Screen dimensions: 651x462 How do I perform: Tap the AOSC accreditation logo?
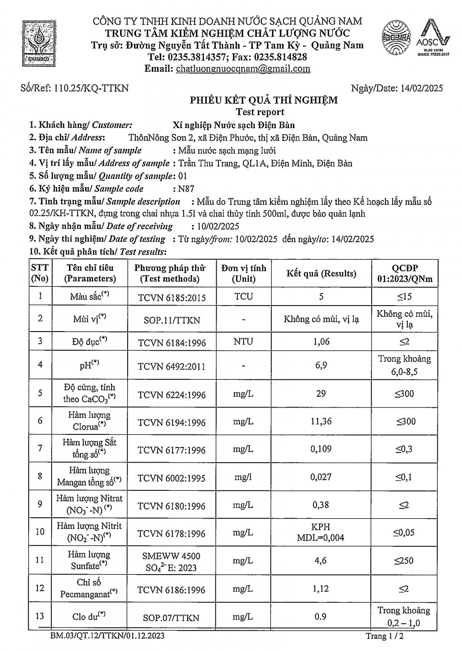pos(432,39)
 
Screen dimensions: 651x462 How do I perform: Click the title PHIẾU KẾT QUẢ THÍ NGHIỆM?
pos(264,101)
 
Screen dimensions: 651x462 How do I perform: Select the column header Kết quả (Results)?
pos(321,273)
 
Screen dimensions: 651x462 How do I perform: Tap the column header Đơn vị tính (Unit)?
pos(243,273)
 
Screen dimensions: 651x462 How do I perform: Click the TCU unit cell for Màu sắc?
pos(243,296)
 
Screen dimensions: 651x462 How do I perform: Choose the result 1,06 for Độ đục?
pos(321,342)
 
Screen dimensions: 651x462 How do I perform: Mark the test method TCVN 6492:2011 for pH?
pos(172,366)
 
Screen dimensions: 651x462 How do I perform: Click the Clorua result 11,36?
pos(321,421)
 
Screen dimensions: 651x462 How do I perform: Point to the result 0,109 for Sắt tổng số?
pos(321,449)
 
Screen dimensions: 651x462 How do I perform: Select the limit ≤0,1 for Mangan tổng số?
pos(404,477)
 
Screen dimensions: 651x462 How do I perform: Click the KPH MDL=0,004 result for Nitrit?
pos(321,533)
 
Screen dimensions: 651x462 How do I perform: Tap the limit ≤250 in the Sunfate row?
pos(404,561)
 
